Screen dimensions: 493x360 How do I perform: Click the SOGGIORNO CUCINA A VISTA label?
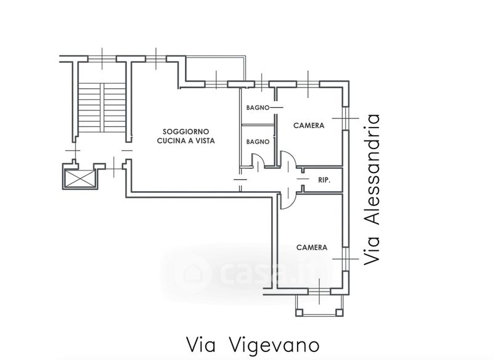tap(186, 136)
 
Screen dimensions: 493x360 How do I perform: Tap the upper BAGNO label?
tap(258, 107)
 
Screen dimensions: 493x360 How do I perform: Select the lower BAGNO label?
tap(258, 142)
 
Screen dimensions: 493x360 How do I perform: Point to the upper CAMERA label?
tap(309, 126)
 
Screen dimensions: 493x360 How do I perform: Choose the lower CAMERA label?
tap(312, 247)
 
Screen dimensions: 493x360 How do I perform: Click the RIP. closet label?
tap(324, 180)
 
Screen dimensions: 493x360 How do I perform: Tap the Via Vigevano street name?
tap(253, 345)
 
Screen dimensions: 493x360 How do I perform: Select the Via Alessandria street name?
tap(372, 190)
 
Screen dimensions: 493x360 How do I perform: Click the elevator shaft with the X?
tap(80, 179)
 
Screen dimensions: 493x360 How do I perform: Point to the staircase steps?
tap(102, 107)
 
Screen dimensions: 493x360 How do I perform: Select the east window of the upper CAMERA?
tap(346, 118)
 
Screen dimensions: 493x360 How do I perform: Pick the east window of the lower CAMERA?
tap(346, 259)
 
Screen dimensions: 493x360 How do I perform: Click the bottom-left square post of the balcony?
tap(299, 312)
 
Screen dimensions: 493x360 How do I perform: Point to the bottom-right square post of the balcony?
tap(340, 312)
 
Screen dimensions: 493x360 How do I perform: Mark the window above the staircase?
tap(102, 59)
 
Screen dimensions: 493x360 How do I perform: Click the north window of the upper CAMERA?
tap(308, 84)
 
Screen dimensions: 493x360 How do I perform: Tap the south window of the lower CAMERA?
tap(319, 292)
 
